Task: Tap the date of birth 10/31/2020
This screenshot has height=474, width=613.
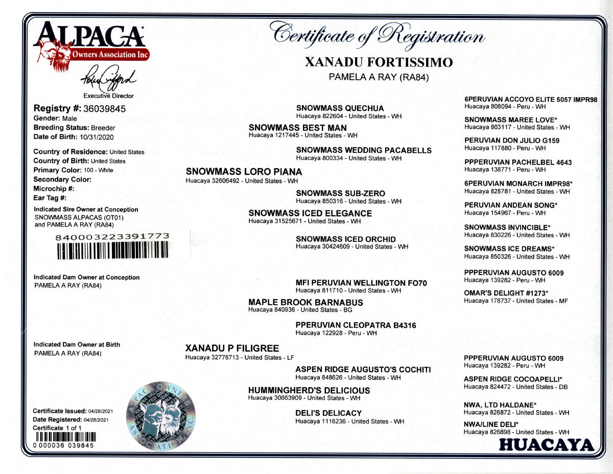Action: coord(97,137)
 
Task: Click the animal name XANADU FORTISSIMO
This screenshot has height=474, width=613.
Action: coord(379,62)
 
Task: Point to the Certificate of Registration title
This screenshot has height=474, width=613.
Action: coord(378,34)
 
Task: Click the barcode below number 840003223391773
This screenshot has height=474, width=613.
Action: coord(112,249)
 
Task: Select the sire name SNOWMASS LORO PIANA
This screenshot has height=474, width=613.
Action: coord(244,172)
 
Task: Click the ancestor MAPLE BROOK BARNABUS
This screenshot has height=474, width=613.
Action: coord(305,302)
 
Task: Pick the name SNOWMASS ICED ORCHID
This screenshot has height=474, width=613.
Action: coord(345,239)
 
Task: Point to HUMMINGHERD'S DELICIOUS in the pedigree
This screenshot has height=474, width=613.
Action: coord(309,390)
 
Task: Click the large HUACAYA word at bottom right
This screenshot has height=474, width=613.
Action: coord(546,445)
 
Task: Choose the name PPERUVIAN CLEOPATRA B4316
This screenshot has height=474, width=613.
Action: coord(356,325)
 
